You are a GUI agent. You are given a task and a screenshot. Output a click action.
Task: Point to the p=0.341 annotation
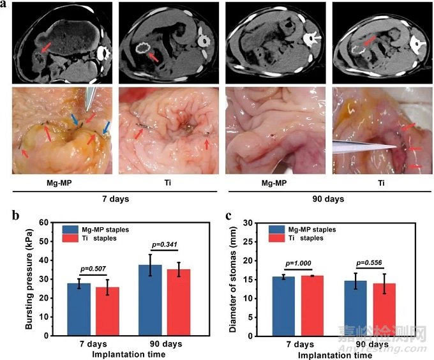[x=163, y=244]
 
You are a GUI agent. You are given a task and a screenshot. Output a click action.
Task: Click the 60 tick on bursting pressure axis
[x=44, y=223]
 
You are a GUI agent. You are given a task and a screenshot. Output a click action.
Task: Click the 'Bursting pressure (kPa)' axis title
[x=28, y=279]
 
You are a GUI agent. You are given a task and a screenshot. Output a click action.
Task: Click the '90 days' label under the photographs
[x=328, y=199]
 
